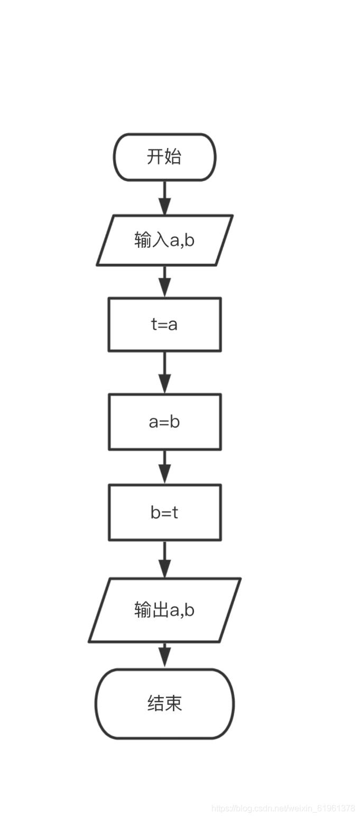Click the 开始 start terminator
(x=164, y=157)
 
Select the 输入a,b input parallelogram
(x=164, y=240)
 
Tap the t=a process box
(x=164, y=324)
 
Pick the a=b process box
(x=164, y=422)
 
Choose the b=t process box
(x=164, y=513)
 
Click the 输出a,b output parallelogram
(x=164, y=610)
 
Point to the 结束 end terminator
(x=164, y=703)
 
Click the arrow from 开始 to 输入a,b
(x=164, y=198)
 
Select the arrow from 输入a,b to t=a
(x=164, y=282)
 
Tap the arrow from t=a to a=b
(x=164, y=373)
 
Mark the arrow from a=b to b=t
(x=164, y=467)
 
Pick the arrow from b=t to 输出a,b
(x=164, y=560)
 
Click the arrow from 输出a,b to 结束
(x=164, y=656)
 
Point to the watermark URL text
(x=283, y=808)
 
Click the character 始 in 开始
(x=173, y=157)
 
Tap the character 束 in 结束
(x=173, y=703)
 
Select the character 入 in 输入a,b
(x=160, y=240)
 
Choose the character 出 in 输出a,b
(x=160, y=610)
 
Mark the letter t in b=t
(x=175, y=513)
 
